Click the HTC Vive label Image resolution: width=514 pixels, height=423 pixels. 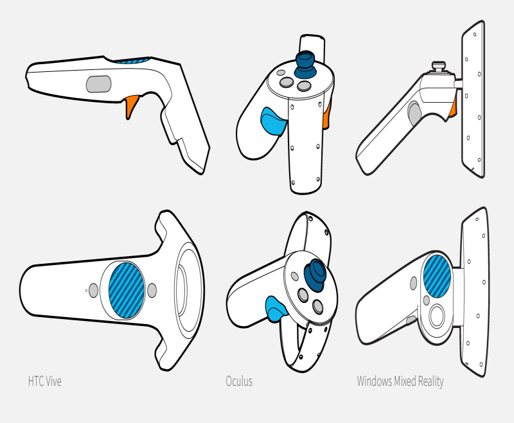pos(44,381)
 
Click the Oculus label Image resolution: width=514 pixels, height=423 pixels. pos(239,381)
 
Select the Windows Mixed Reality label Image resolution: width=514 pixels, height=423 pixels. pos(400,381)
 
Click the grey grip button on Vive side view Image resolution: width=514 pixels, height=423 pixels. pos(98,83)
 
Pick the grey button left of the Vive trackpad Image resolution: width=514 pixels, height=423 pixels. pos(94,290)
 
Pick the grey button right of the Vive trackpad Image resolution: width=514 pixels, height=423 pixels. pos(152,290)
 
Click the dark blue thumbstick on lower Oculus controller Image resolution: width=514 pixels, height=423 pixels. pos(315,274)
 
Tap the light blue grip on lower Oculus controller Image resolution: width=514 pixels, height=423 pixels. pos(276,307)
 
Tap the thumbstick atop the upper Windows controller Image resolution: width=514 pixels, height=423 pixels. pos(439,65)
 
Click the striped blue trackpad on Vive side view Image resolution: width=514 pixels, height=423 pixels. pos(131,61)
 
